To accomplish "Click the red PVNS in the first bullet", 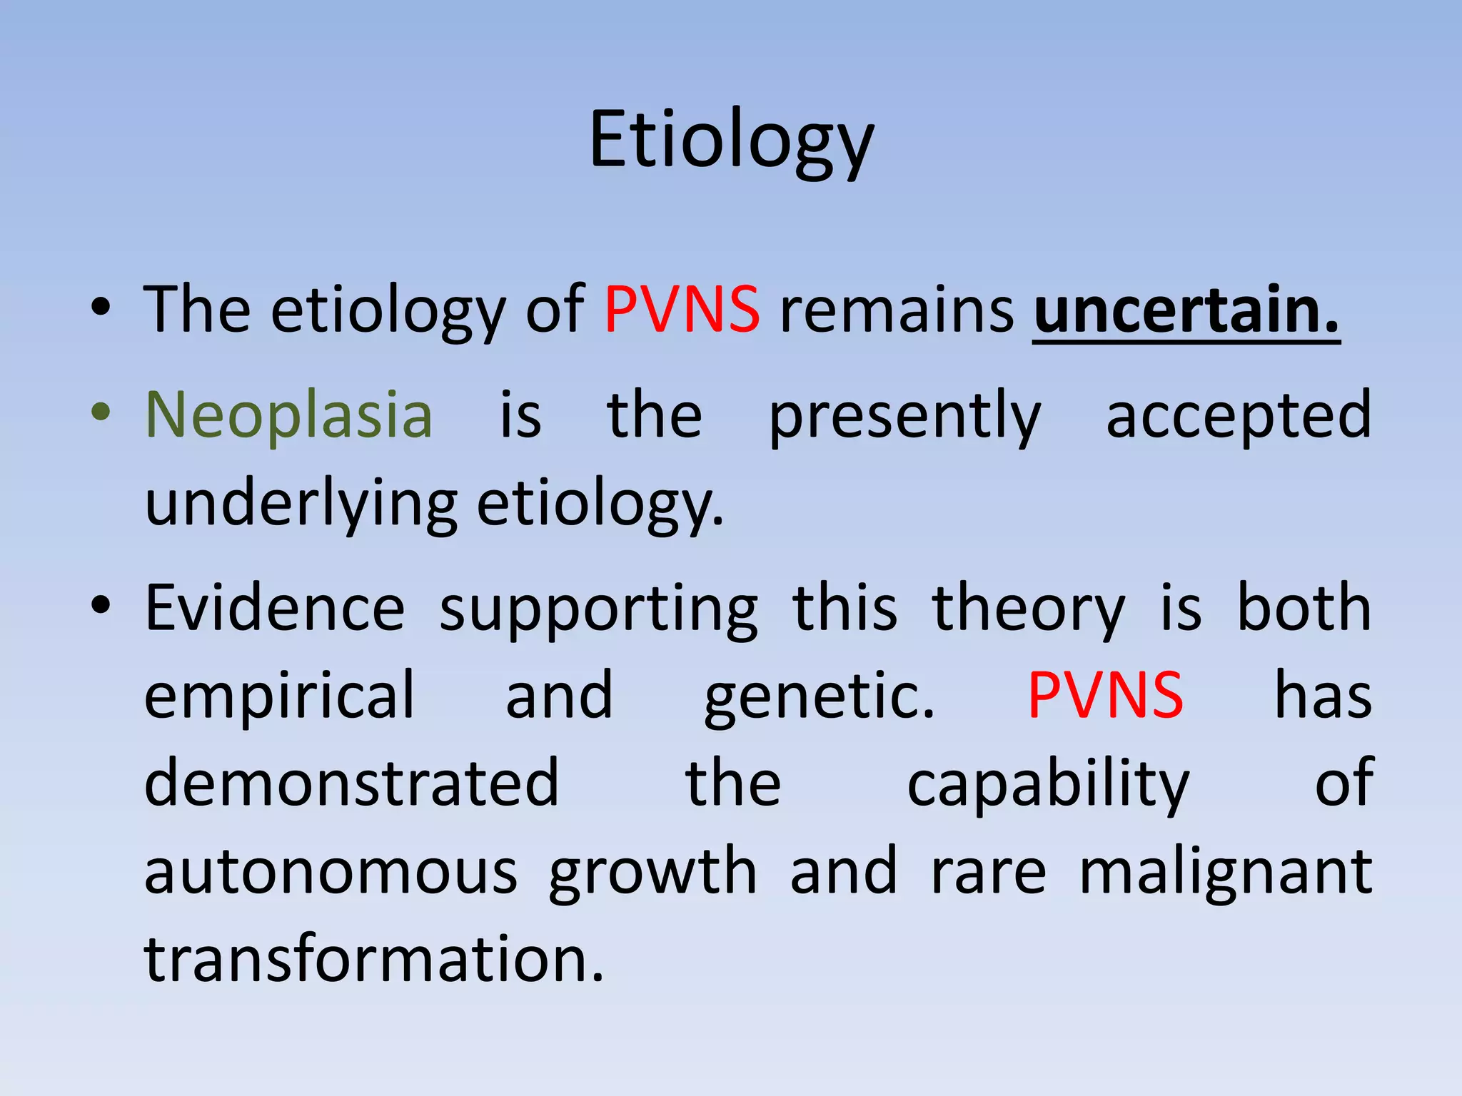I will (682, 310).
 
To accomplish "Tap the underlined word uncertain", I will (1186, 310).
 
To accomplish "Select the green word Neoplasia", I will (289, 415).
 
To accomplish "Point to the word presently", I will (904, 417).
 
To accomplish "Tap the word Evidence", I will (275, 608).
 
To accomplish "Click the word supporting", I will (598, 611).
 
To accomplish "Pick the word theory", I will (1029, 611).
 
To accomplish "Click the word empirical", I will (279, 697).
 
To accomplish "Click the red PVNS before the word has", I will (1105, 696).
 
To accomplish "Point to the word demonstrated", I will (351, 783).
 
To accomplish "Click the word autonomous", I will (331, 872).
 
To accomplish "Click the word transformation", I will (374, 960).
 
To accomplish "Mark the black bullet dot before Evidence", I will (101, 606).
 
